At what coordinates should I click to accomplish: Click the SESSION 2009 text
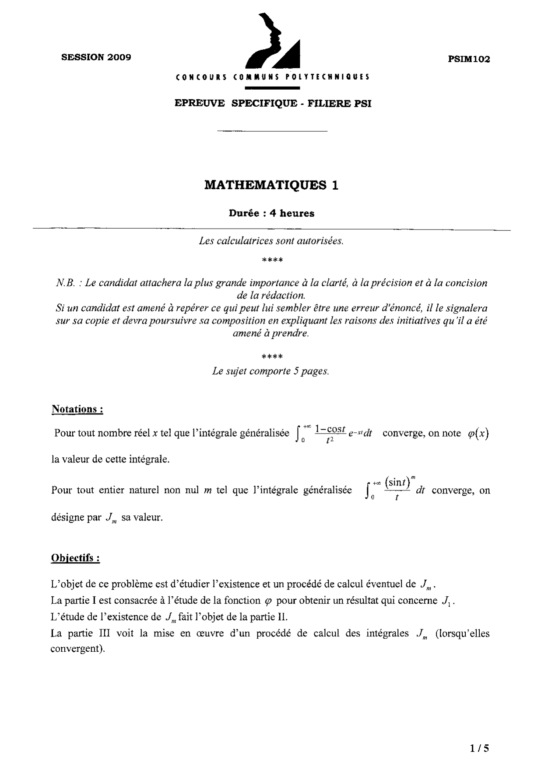click(x=96, y=57)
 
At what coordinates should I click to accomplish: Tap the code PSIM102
click(x=469, y=59)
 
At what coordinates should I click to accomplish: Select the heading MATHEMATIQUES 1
click(x=271, y=185)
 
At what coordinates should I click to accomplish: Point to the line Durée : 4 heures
click(x=271, y=213)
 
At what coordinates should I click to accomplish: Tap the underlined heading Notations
click(x=77, y=409)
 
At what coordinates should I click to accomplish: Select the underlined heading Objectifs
click(x=75, y=558)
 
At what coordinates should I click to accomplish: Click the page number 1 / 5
click(x=480, y=748)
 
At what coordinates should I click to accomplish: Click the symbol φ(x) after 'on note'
click(x=478, y=433)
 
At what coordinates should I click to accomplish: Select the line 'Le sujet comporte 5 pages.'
click(x=270, y=371)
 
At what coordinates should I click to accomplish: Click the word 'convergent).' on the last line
click(x=77, y=648)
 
